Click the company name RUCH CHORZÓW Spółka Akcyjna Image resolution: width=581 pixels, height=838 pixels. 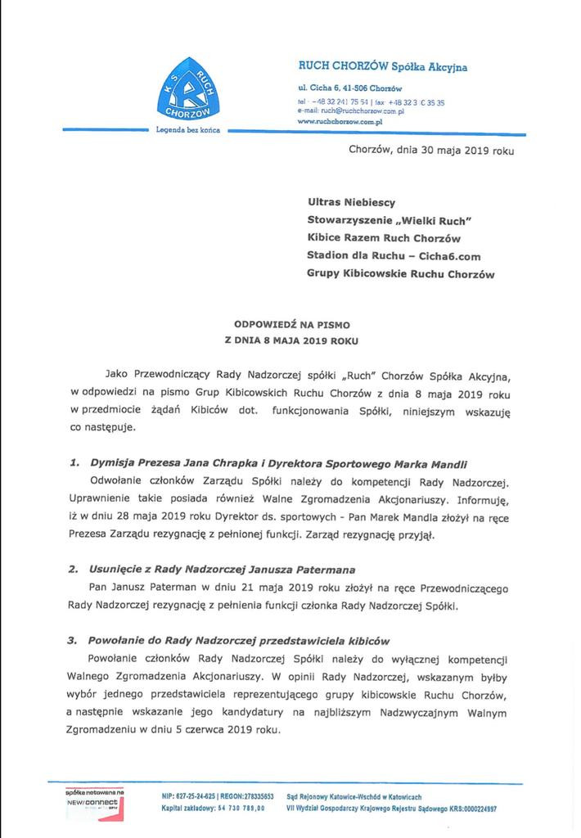pos(382,67)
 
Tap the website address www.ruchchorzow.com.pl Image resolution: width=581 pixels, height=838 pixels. pos(340,120)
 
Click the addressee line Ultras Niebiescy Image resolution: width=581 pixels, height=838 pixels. pos(351,200)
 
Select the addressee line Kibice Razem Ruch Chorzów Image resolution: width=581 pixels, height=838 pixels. pos(384,238)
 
